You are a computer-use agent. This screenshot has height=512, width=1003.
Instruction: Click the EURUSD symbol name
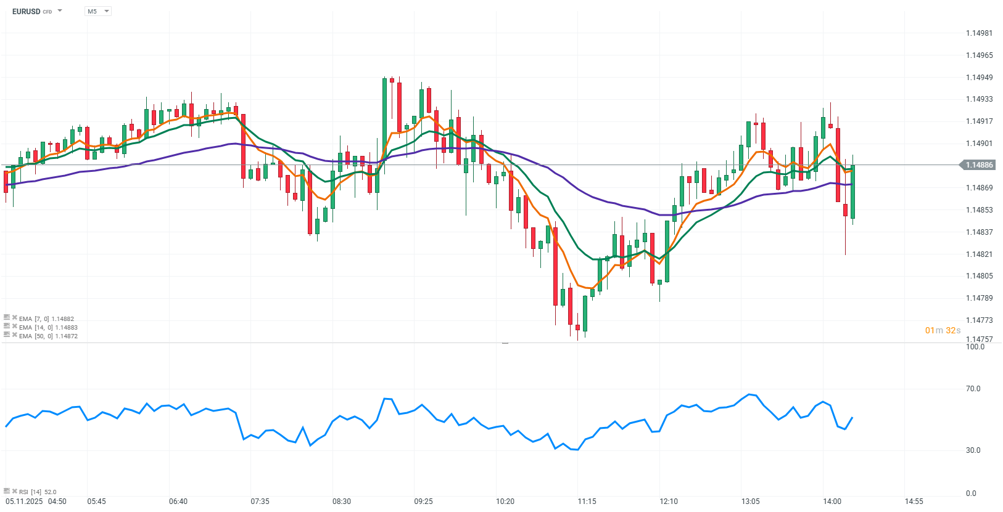pyautogui.click(x=26, y=11)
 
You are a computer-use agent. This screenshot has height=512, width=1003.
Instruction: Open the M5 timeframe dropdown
pyautogui.click(x=97, y=11)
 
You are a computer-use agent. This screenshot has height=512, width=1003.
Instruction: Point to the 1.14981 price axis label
pyautogui.click(x=979, y=33)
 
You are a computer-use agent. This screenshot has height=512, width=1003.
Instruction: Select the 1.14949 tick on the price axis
pyautogui.click(x=979, y=78)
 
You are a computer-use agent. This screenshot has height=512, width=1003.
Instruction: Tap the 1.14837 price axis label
pyautogui.click(x=979, y=232)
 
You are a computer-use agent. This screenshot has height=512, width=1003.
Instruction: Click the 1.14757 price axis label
pyautogui.click(x=979, y=339)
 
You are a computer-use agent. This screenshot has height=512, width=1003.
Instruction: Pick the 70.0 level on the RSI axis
pyautogui.click(x=973, y=389)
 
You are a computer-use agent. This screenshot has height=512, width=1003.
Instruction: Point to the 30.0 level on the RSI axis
pyautogui.click(x=973, y=450)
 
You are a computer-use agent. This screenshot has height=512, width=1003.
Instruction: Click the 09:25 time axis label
pyautogui.click(x=423, y=502)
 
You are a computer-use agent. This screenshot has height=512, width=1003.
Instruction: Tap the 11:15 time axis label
pyautogui.click(x=587, y=502)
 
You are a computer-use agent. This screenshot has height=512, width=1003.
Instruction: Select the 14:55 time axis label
pyautogui.click(x=914, y=502)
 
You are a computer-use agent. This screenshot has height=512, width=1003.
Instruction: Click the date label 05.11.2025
pyautogui.click(x=24, y=502)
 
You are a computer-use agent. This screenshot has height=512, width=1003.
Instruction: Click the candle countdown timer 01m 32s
pyautogui.click(x=943, y=331)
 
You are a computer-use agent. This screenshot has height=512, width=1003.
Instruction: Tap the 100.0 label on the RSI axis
pyautogui.click(x=975, y=347)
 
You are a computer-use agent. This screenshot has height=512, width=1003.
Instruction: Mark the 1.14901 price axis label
pyautogui.click(x=979, y=144)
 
